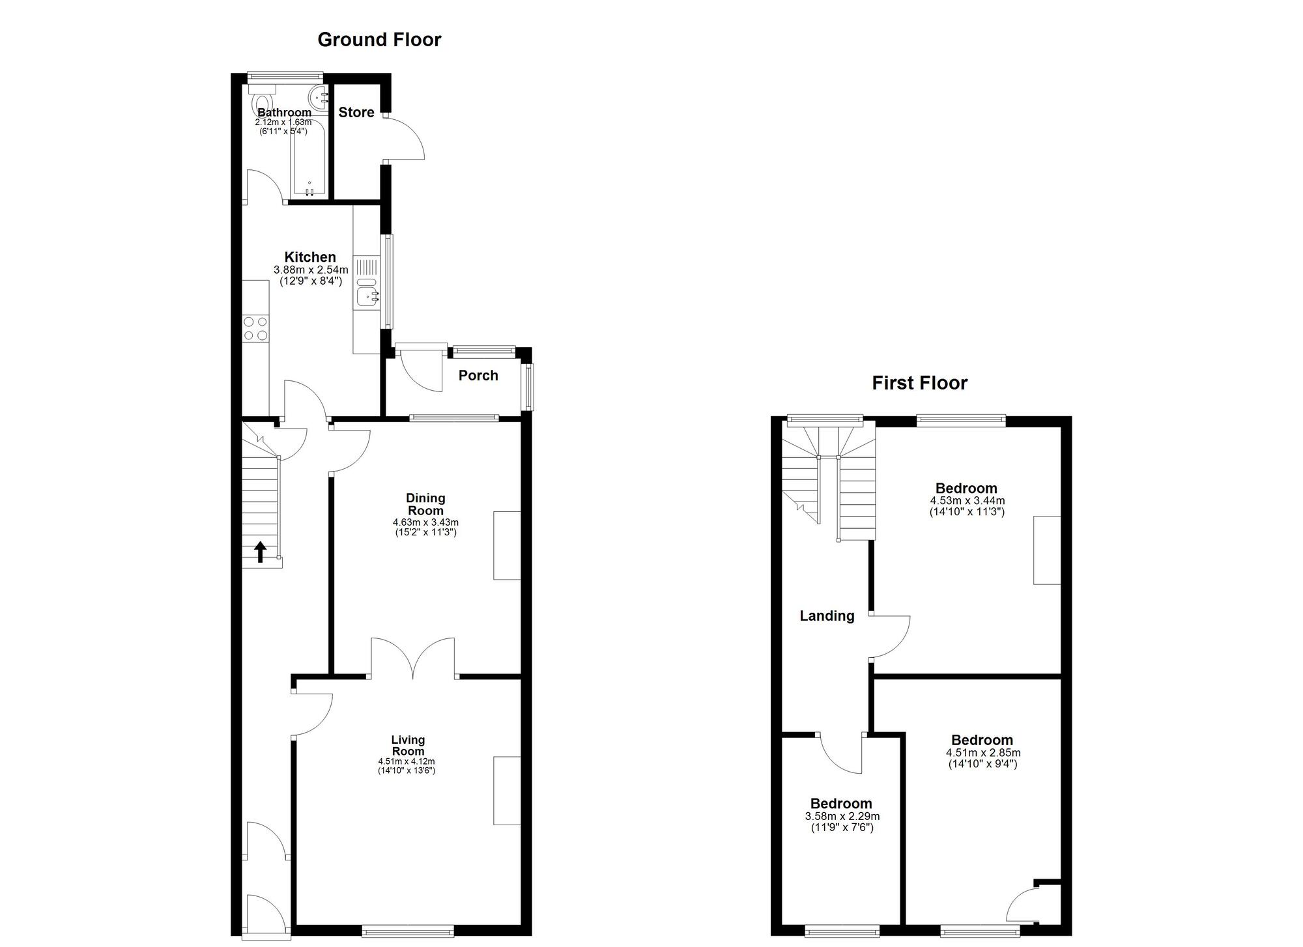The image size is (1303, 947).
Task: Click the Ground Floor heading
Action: tap(379, 40)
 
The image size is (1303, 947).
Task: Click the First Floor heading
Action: tap(919, 383)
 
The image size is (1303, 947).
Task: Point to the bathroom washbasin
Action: tap(319, 98)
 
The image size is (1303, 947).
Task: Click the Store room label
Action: tap(356, 112)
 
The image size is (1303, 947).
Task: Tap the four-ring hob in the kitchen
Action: tap(255, 328)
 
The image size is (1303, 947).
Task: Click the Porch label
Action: tap(478, 375)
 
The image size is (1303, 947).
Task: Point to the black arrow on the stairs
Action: tap(260, 551)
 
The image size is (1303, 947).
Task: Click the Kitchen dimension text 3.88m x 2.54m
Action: tap(311, 270)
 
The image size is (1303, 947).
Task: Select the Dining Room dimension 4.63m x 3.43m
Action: tap(425, 522)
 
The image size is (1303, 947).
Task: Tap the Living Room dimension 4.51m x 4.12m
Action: tap(407, 761)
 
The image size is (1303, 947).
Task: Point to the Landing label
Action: tap(827, 615)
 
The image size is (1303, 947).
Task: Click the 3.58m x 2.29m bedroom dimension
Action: tap(842, 817)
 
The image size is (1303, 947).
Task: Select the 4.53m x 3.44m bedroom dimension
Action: tap(967, 501)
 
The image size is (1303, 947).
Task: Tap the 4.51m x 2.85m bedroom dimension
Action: tap(982, 753)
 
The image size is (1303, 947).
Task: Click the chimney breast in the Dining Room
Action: tap(508, 545)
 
